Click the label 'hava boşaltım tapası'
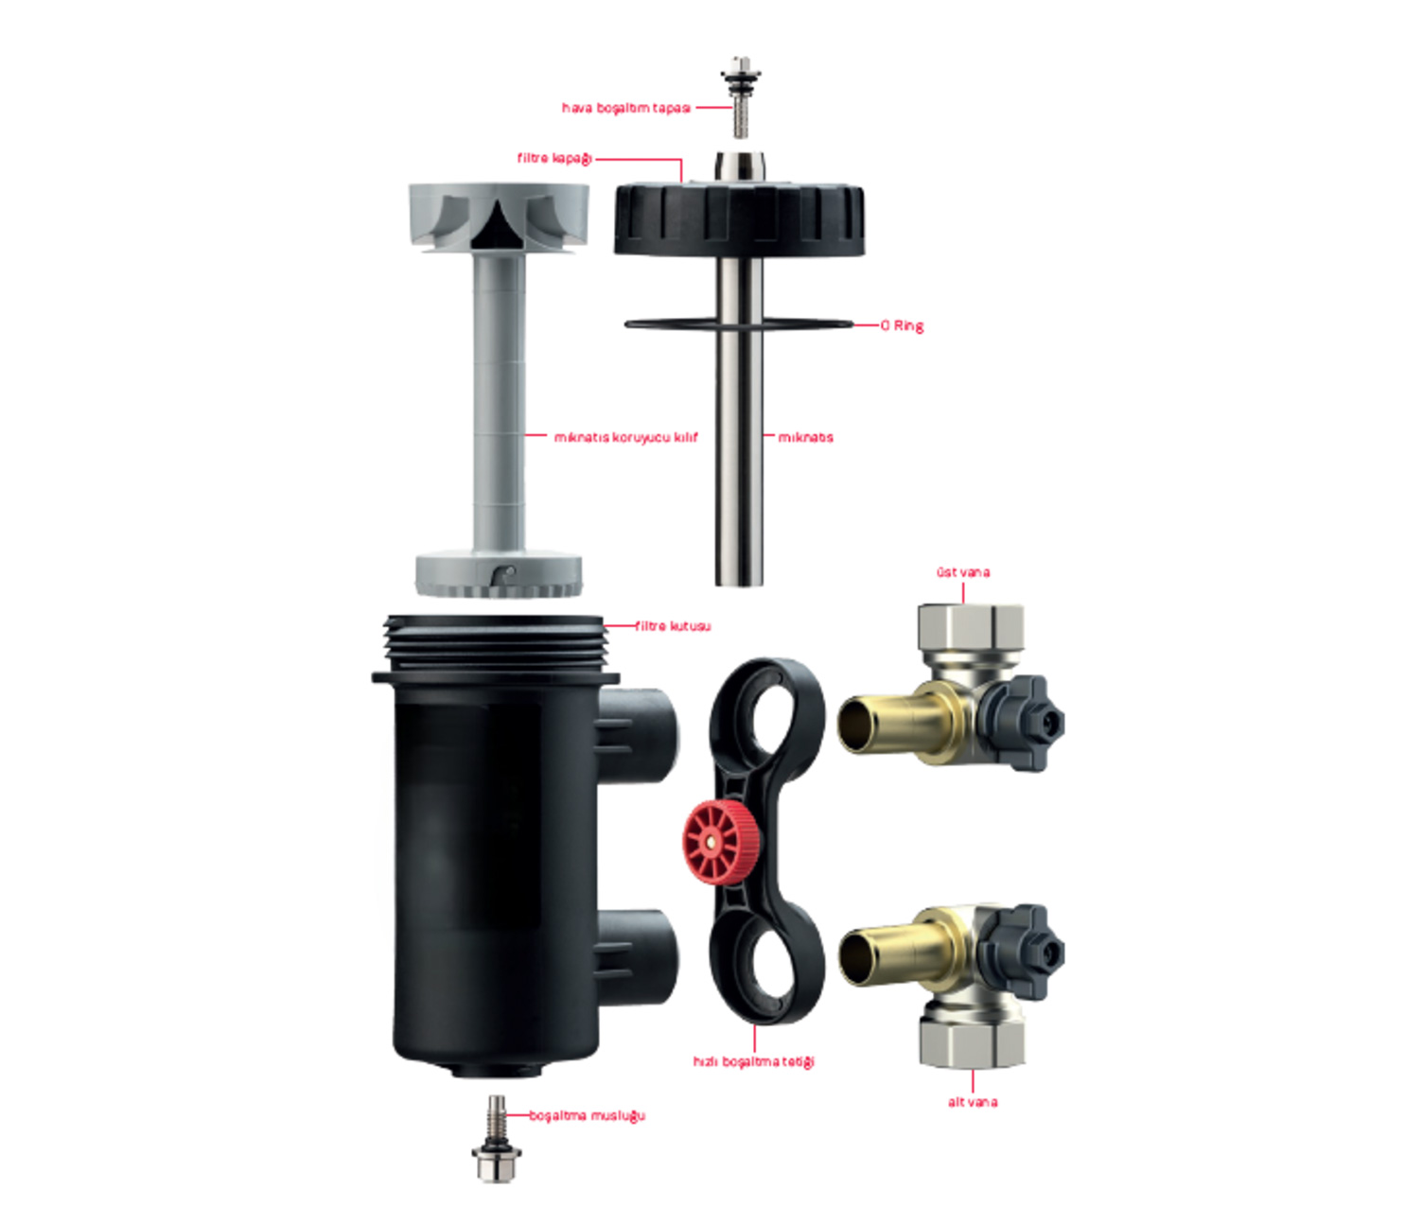click(x=625, y=108)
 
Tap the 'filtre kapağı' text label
click(x=554, y=158)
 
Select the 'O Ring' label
click(x=902, y=325)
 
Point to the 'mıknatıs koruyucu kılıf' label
click(x=625, y=437)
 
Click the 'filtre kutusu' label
click(x=673, y=626)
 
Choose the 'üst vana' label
click(x=963, y=572)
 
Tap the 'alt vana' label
click(x=972, y=1102)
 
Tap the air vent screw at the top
click(x=740, y=96)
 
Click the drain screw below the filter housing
click(x=496, y=1139)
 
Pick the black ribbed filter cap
click(x=739, y=217)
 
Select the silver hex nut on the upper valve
click(x=971, y=627)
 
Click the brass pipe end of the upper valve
click(x=895, y=724)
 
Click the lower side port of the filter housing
click(x=637, y=957)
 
